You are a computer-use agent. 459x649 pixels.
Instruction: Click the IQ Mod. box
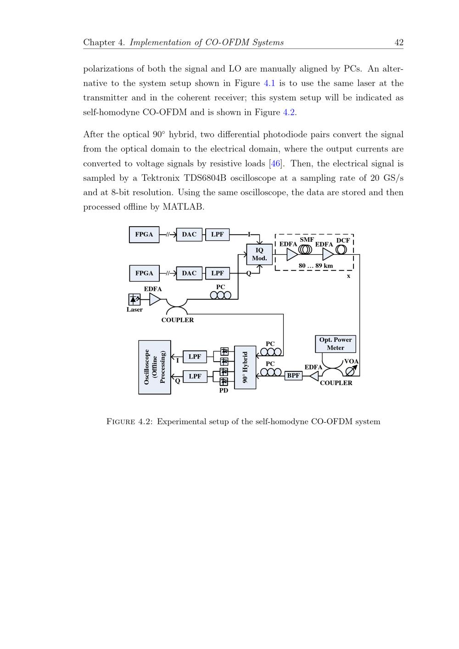pos(259,254)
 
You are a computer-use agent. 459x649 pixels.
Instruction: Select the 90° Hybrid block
pos(245,367)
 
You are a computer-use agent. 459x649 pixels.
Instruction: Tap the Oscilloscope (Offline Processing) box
pos(155,367)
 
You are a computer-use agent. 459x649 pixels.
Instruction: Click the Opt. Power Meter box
pos(336,344)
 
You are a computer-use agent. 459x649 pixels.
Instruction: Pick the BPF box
pos(293,375)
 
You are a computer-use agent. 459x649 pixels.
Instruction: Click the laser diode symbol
pos(134,299)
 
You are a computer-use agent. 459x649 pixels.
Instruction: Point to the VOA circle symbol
pos(350,370)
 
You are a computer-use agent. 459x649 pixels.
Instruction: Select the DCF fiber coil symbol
pos(341,249)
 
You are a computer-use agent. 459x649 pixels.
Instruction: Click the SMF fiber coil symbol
pos(305,249)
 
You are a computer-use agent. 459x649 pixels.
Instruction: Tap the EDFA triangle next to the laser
pos(155,299)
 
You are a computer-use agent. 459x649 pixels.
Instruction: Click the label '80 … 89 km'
pos(316,266)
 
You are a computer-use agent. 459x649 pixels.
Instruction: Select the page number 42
pos(399,43)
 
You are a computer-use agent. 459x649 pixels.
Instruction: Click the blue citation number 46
pos(275,164)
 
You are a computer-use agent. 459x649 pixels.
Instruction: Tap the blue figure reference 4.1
pos(269,84)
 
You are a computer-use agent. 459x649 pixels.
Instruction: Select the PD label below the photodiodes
pos(224,391)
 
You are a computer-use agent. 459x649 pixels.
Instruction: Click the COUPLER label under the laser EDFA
pos(178,320)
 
